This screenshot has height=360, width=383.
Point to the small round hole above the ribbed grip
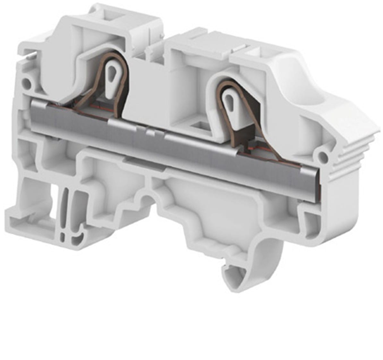pyautogui.click(x=323, y=157)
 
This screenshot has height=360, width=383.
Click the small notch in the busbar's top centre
pyautogui.click(x=148, y=132)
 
